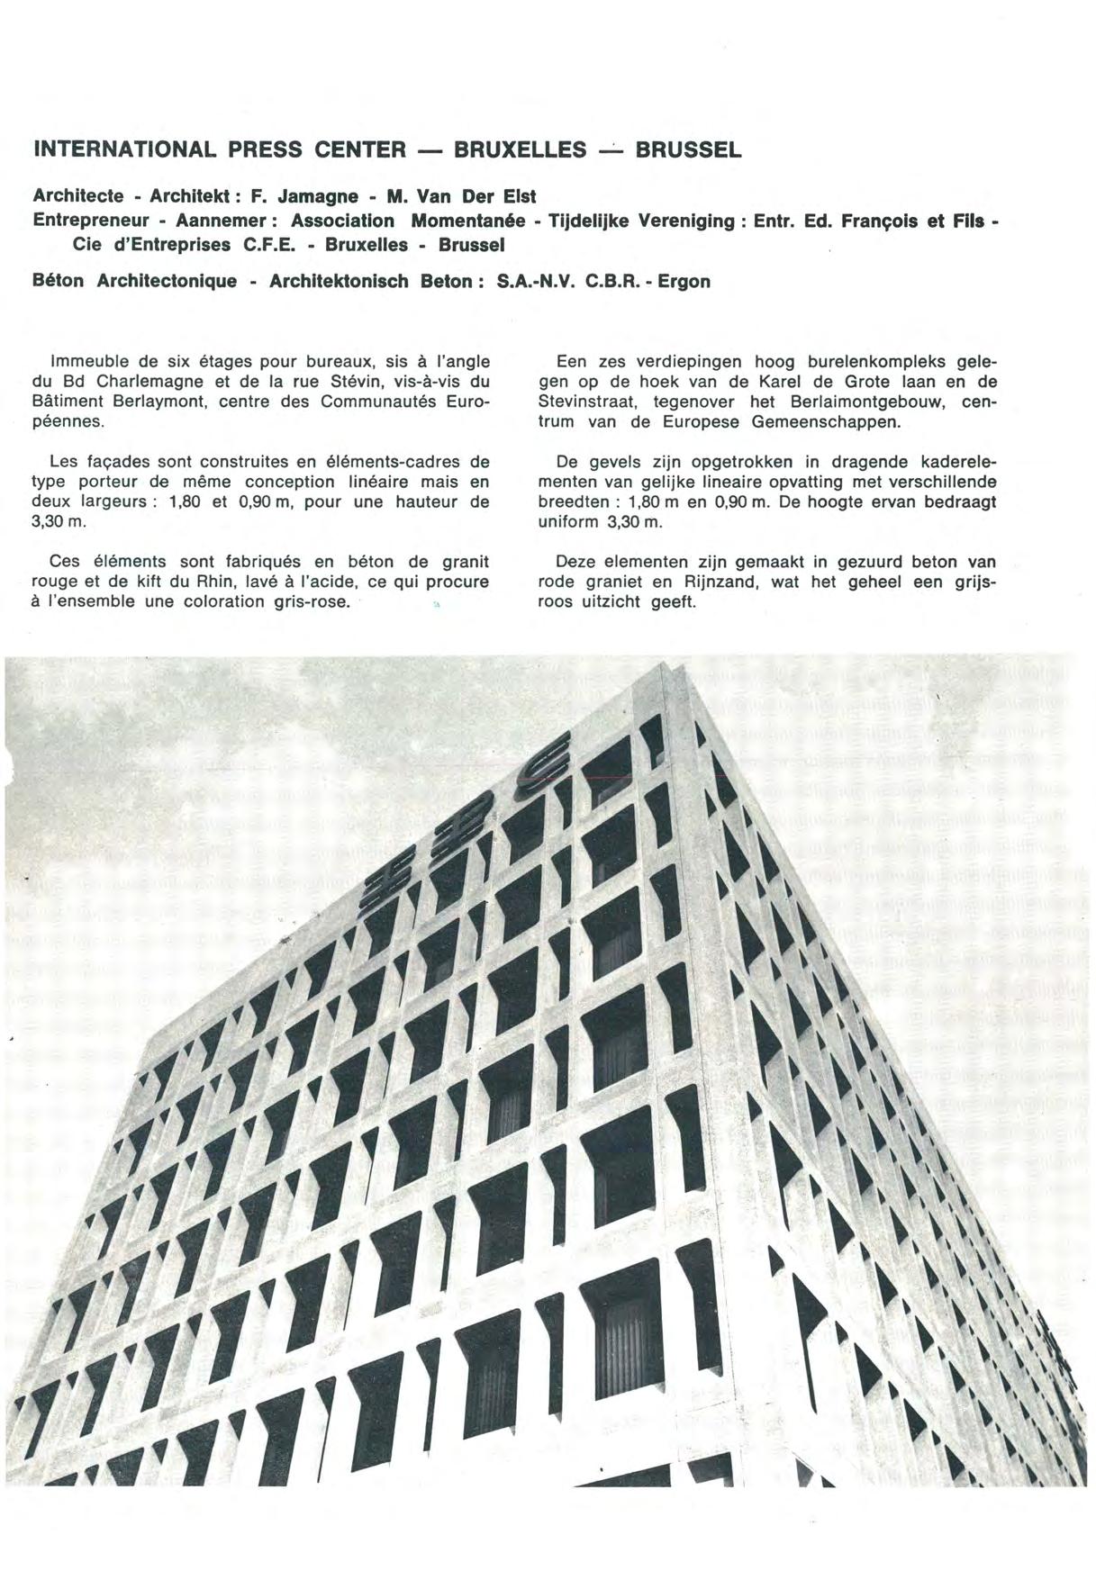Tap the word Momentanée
(467, 221)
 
